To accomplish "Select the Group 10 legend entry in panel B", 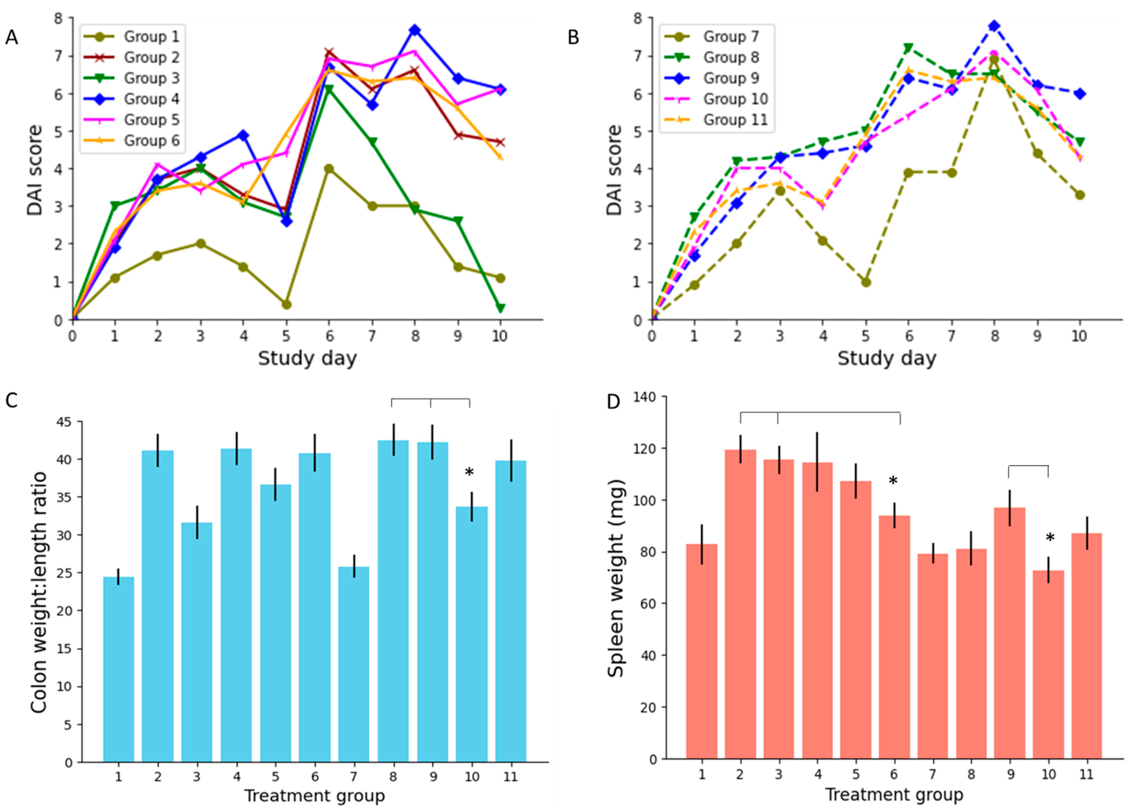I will point(735,99).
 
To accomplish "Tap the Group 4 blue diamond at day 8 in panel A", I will point(414,30).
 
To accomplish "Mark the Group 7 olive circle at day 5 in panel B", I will point(866,282).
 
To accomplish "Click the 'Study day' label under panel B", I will point(886,358).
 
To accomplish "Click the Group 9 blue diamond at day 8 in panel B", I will point(994,26).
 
